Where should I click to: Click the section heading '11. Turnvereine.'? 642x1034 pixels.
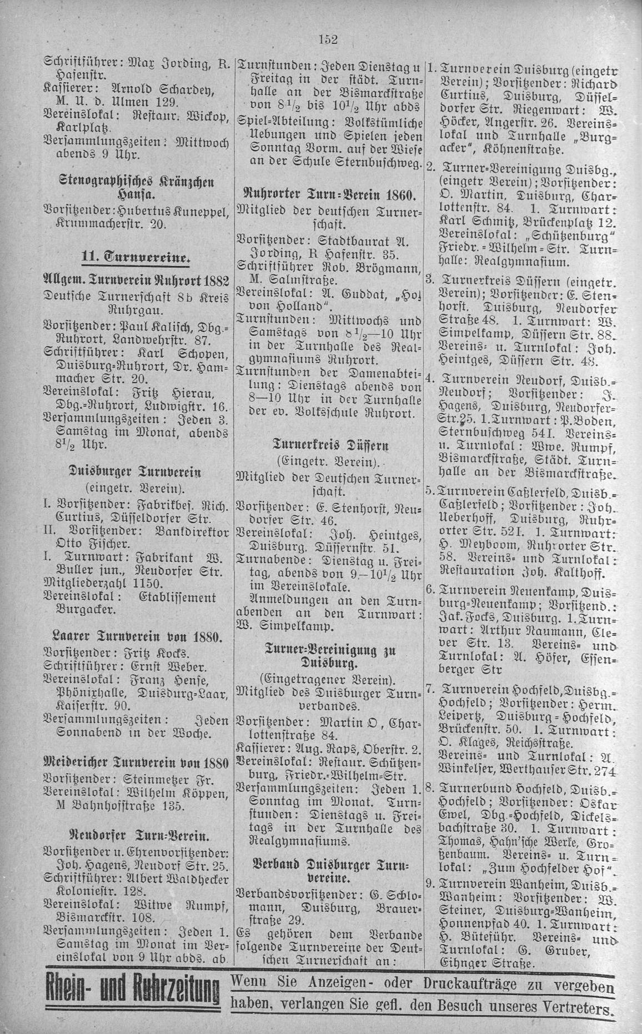(134, 256)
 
